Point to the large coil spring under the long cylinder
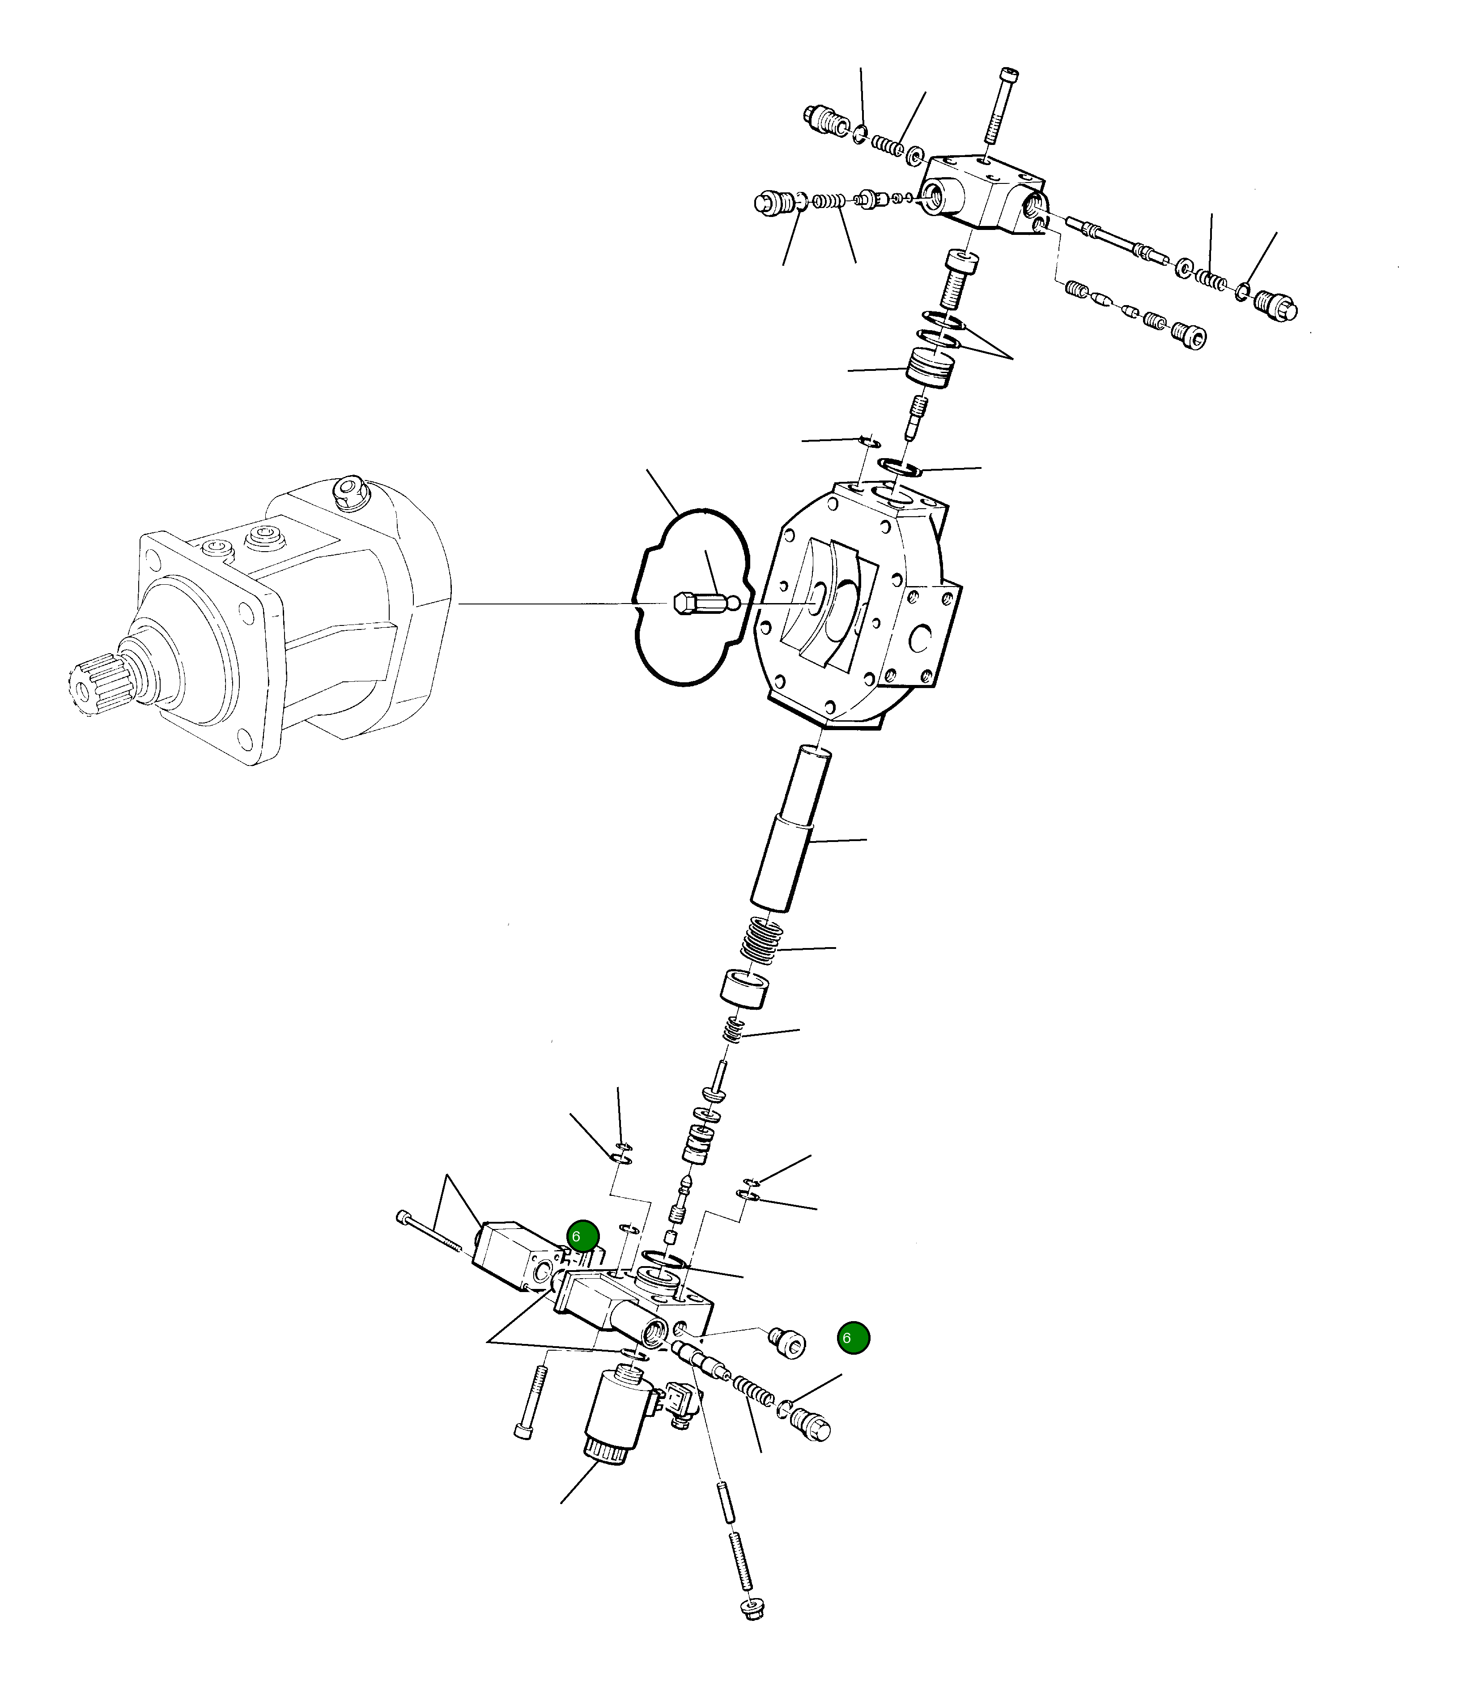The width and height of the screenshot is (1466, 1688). pyautogui.click(x=762, y=940)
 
